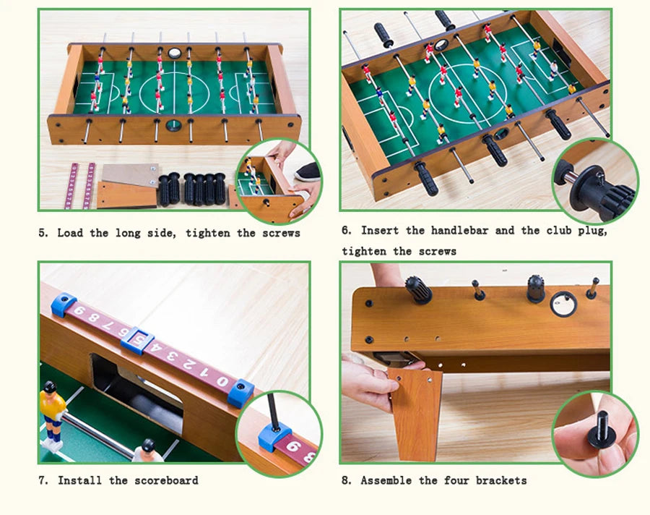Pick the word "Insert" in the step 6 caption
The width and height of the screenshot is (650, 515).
click(380, 231)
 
